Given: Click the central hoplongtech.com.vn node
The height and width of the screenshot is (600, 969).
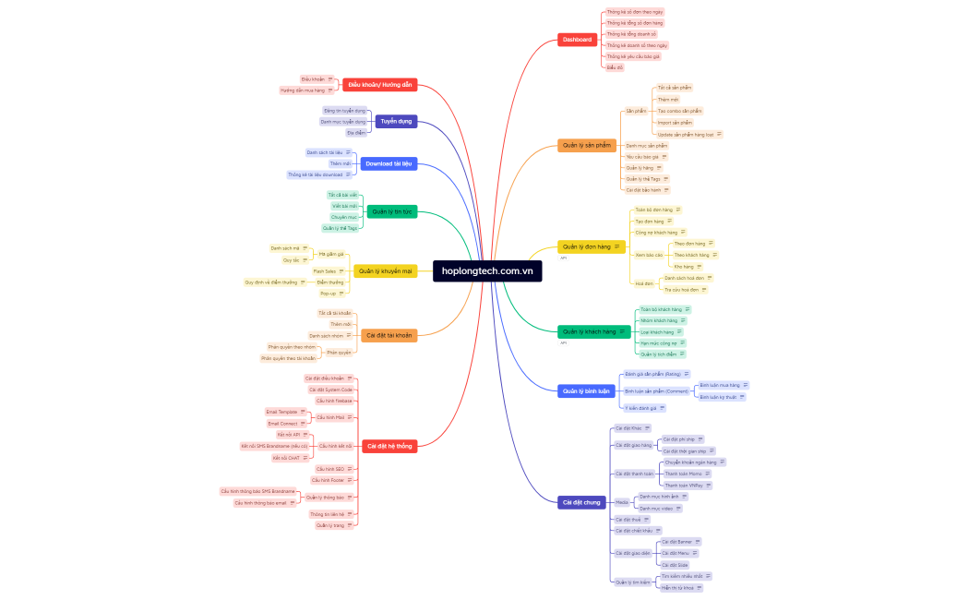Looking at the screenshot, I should (487, 270).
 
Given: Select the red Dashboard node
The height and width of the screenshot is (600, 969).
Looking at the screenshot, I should (577, 40).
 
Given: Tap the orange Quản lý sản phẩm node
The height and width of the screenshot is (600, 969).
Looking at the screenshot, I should (587, 145).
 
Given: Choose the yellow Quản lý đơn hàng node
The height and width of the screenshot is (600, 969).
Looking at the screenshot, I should (586, 246).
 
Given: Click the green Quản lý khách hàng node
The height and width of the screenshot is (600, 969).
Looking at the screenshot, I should (589, 331).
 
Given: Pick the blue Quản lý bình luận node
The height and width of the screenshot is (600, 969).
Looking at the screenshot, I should (586, 390).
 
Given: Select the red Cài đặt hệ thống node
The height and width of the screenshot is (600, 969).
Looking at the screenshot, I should (389, 446).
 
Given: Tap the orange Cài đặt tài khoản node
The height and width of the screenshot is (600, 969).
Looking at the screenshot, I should (389, 335).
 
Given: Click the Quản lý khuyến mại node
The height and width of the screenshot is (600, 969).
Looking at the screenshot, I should (385, 270).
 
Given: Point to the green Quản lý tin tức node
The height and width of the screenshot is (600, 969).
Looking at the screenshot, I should (391, 211).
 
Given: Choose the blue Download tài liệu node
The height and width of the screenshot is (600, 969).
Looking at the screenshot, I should (389, 163).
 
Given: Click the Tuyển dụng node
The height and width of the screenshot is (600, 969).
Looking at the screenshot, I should (396, 121).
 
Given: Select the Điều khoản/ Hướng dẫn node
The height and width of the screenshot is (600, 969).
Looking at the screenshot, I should (379, 84).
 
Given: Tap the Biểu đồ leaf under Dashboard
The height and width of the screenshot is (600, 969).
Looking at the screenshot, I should (614, 67).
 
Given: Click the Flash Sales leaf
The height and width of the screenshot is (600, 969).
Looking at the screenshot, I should (324, 271).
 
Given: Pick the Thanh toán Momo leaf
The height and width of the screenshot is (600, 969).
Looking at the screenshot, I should (683, 473).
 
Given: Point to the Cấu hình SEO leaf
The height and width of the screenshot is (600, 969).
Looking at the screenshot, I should (328, 469).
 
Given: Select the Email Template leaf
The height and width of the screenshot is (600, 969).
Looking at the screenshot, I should (282, 412).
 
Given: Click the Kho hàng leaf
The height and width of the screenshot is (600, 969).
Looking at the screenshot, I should (682, 266).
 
